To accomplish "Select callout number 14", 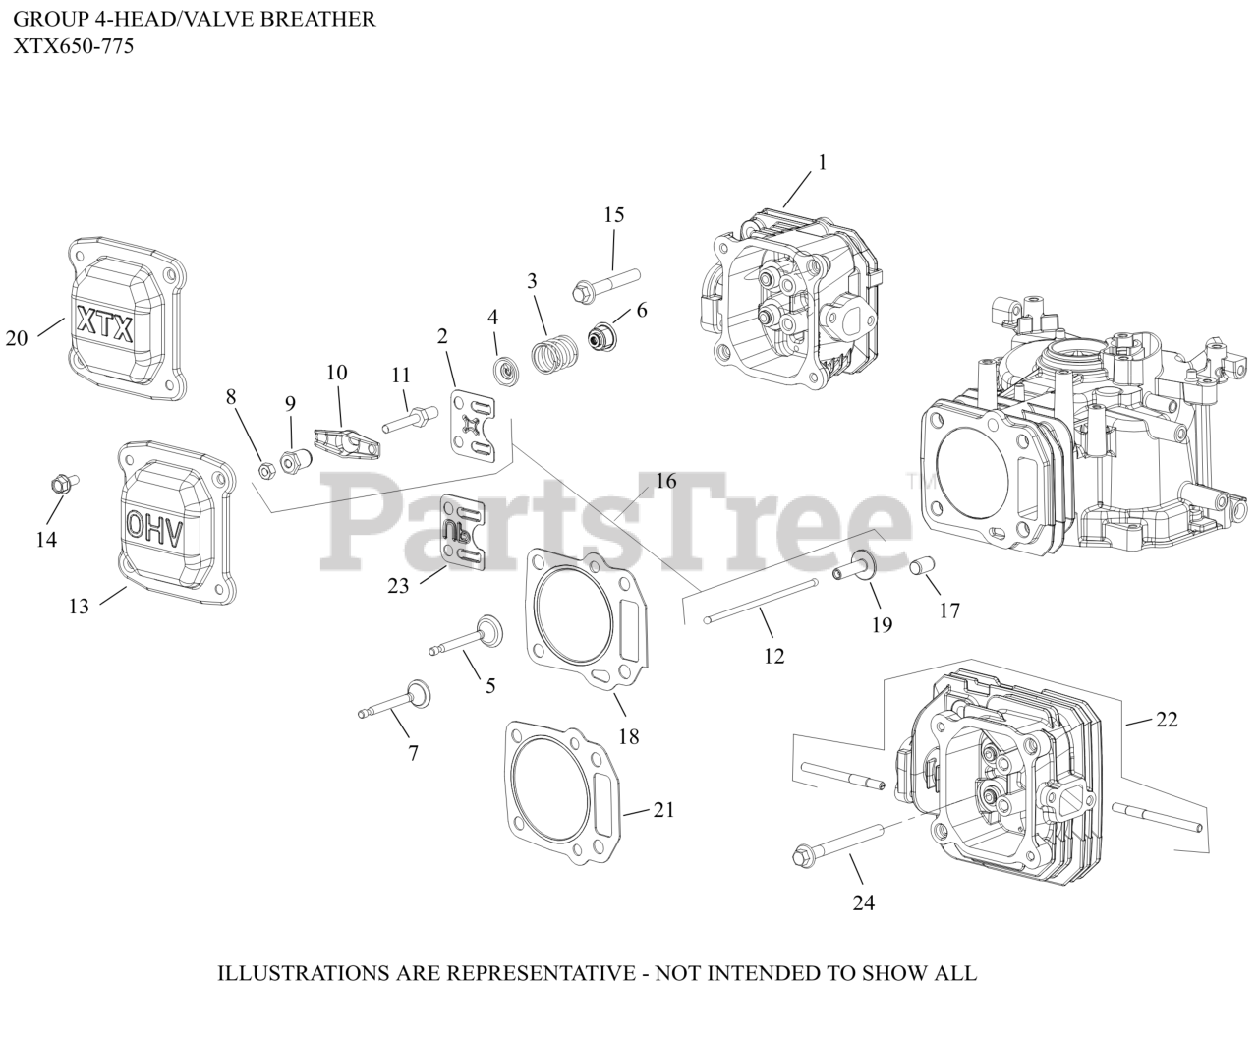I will pyautogui.click(x=46, y=539).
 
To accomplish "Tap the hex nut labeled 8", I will pyautogui.click(x=265, y=470).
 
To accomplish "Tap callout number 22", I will pyautogui.click(x=1166, y=720).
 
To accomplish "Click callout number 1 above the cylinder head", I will pyautogui.click(x=822, y=162).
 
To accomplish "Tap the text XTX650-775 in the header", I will pyautogui.click(x=75, y=45).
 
